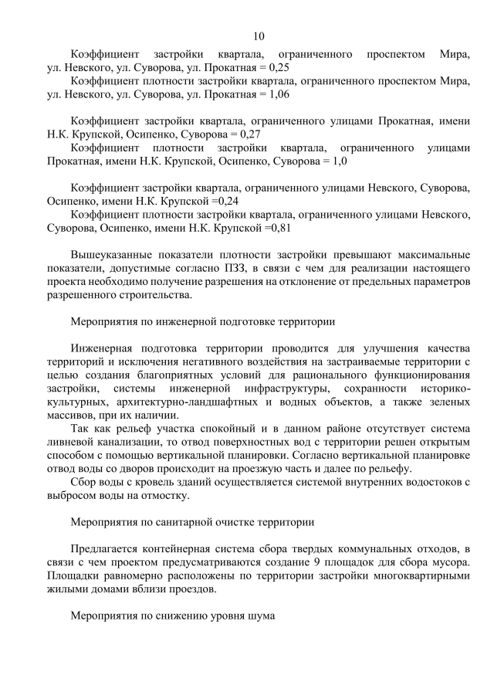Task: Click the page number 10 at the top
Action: click(259, 36)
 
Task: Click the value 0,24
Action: click(225, 201)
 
